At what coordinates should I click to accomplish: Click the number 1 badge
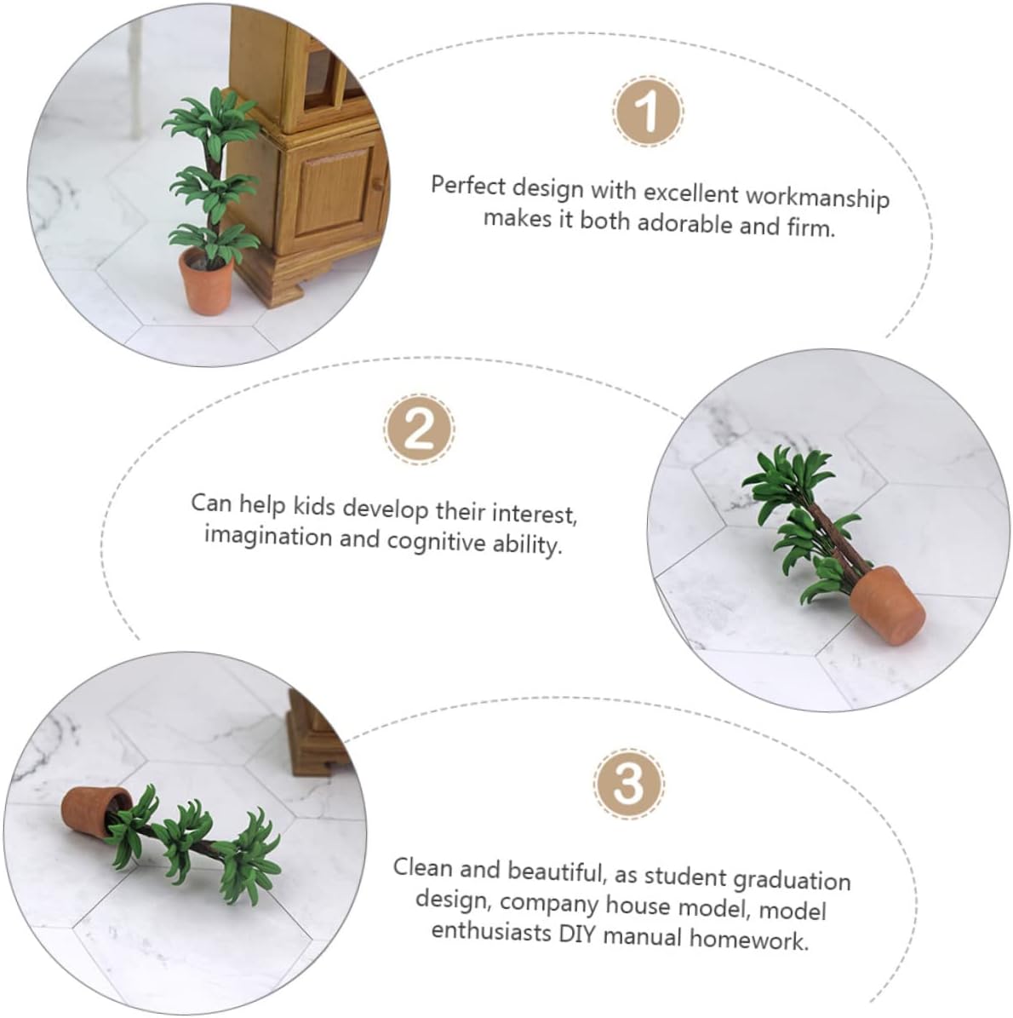coord(647,111)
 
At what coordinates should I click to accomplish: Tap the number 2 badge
coord(419,428)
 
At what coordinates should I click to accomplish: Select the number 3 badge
coord(628,783)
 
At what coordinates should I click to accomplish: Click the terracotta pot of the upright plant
coord(206,283)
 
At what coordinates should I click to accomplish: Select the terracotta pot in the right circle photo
coord(887,605)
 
